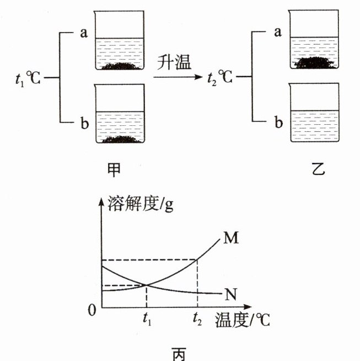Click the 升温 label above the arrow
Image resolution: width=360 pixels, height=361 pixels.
pos(174,62)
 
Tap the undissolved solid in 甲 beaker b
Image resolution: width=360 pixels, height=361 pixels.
pos(120,139)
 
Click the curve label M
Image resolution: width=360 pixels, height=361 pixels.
pos(231,238)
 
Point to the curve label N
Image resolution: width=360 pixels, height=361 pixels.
pos(231,293)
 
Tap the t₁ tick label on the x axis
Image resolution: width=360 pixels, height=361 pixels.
pos(146,318)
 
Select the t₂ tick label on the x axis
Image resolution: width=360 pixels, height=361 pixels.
pos(197,318)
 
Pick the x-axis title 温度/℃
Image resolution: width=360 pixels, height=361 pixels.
pos(237,319)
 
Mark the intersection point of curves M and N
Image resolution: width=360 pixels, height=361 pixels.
pos(146,285)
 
